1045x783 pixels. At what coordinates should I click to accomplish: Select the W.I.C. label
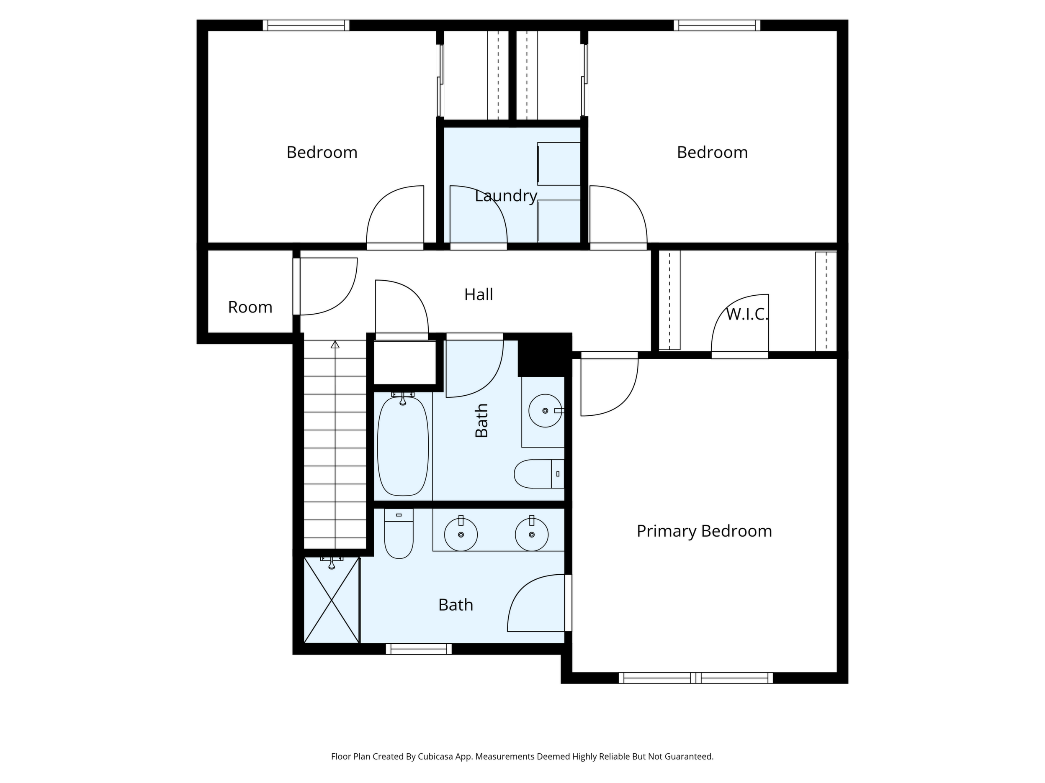(747, 315)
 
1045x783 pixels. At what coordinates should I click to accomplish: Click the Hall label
(479, 294)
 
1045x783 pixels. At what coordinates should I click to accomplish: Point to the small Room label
(250, 307)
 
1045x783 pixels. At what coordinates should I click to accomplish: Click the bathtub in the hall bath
(403, 446)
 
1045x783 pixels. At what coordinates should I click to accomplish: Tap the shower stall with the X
(332, 600)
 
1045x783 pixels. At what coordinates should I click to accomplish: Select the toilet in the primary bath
(399, 533)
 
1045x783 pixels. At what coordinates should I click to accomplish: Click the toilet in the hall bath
(539, 474)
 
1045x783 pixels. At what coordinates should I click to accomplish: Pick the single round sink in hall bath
(545, 411)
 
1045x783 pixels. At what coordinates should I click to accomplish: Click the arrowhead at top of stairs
(335, 345)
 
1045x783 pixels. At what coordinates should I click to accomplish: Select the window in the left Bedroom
(306, 25)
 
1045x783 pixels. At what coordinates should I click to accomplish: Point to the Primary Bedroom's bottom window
(695, 678)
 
